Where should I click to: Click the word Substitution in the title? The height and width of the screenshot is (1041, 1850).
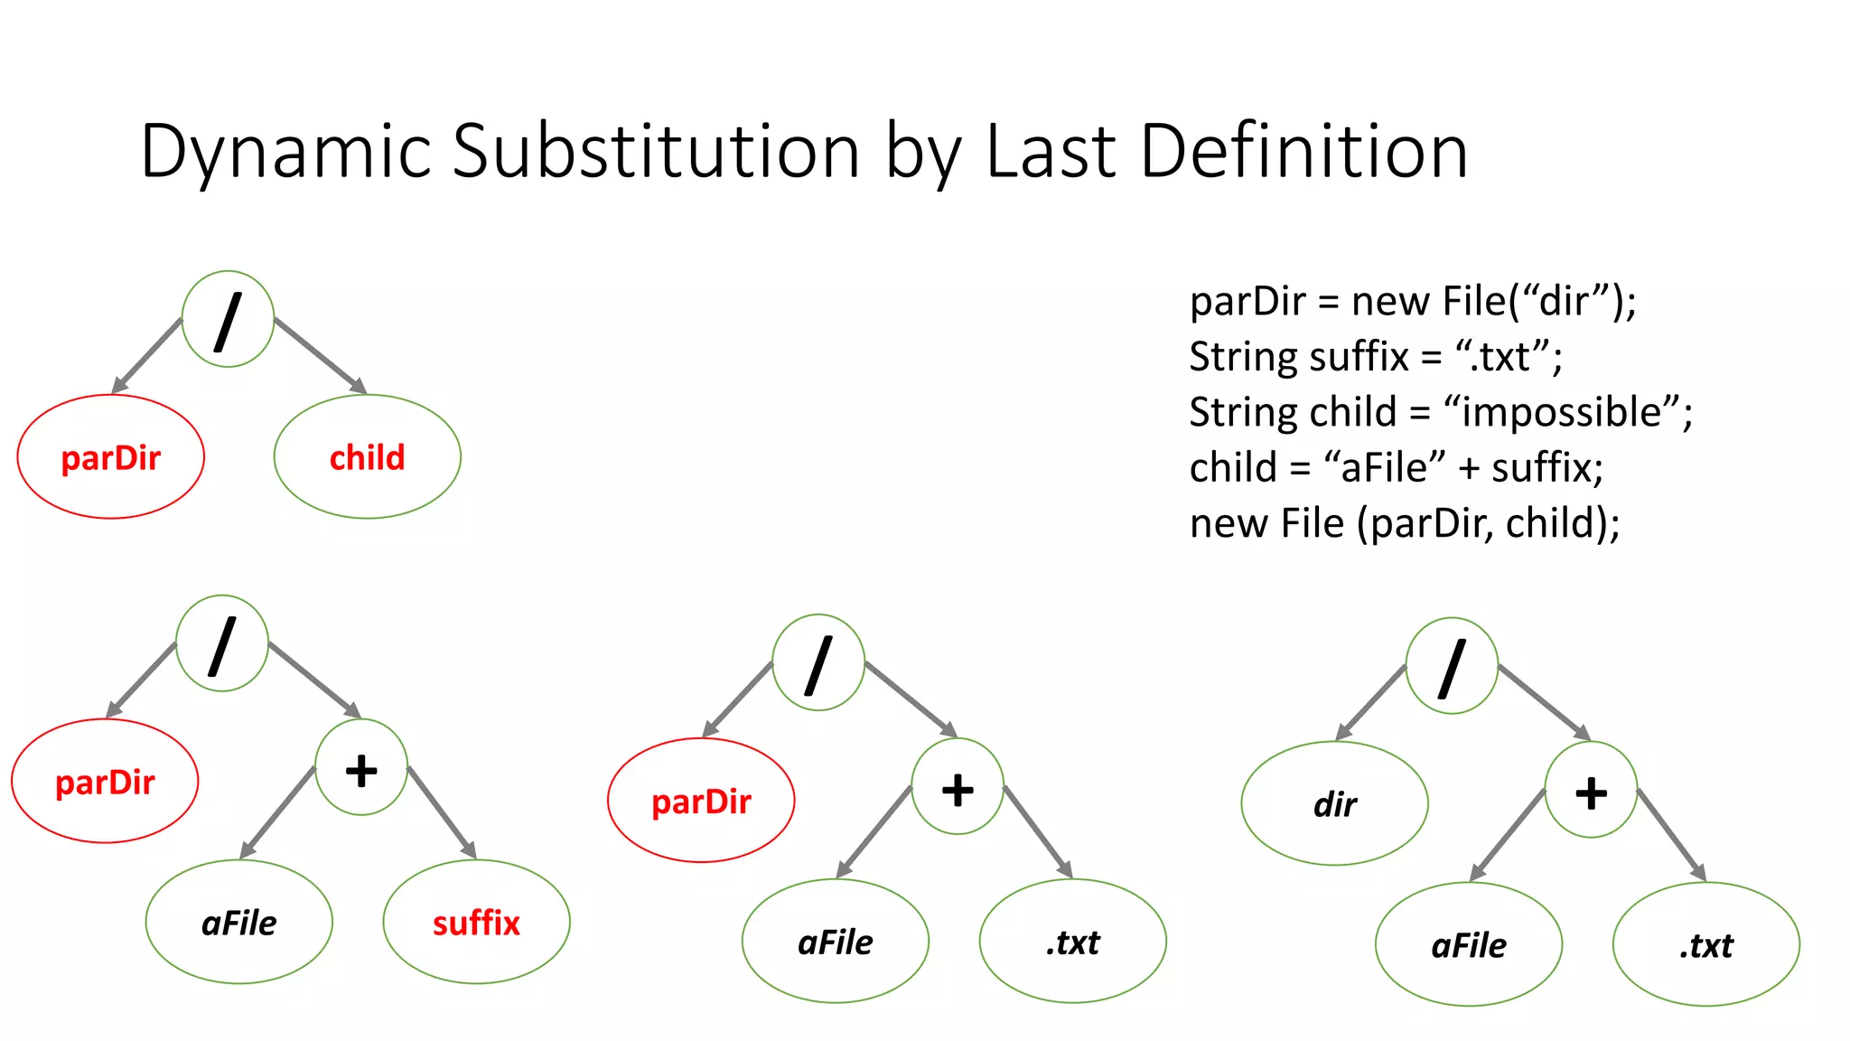pyautogui.click(x=655, y=152)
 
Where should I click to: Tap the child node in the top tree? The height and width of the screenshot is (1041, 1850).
pyautogui.click(x=367, y=457)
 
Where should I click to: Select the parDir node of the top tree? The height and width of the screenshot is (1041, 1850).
pyautogui.click(x=110, y=457)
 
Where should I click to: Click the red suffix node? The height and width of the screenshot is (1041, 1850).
pyautogui.click(x=476, y=923)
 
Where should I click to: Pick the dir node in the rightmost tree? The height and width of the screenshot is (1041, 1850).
pyautogui.click(x=1334, y=804)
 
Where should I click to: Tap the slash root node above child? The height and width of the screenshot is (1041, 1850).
pyautogui.click(x=228, y=320)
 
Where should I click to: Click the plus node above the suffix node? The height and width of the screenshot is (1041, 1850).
pyautogui.click(x=361, y=768)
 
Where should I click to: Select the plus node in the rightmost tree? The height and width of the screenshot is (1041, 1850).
pyautogui.click(x=1591, y=791)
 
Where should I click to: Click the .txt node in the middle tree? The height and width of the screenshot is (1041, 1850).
pyautogui.click(x=1072, y=943)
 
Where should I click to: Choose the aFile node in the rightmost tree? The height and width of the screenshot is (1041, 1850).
pyautogui.click(x=1468, y=945)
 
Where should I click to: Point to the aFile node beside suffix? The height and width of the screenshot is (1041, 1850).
pyautogui.click(x=238, y=923)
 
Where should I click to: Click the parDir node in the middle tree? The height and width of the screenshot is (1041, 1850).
pyautogui.click(x=701, y=802)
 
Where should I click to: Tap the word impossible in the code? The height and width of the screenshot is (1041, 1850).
pyautogui.click(x=1561, y=413)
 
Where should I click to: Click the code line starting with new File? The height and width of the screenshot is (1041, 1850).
pyautogui.click(x=1404, y=524)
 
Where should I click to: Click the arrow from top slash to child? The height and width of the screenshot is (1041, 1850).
pyautogui.click(x=321, y=355)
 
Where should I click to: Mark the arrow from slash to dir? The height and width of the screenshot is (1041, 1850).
pyautogui.click(x=1370, y=704)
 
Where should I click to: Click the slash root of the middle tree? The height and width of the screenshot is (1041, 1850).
pyautogui.click(x=818, y=663)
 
